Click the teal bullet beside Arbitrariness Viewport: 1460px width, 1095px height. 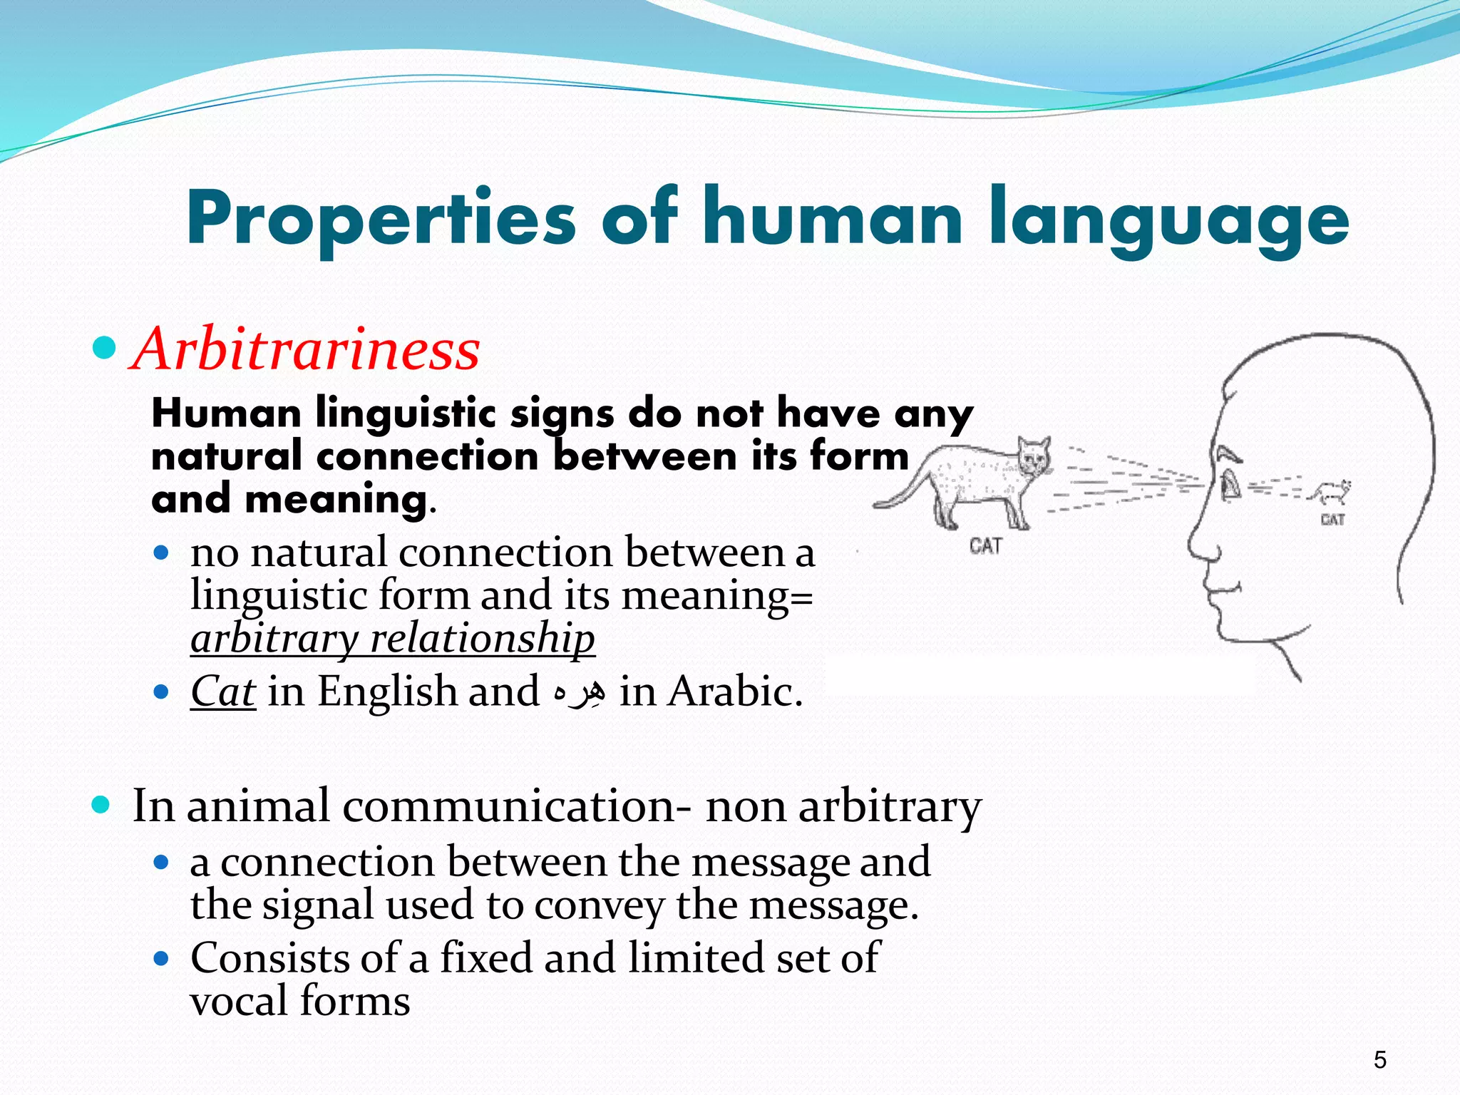click(105, 348)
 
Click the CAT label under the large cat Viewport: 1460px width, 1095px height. click(986, 546)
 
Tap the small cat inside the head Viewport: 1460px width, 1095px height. click(1332, 492)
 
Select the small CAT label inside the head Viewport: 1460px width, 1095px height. click(1332, 519)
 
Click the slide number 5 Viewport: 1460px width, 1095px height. click(1380, 1060)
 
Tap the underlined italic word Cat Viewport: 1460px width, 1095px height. click(223, 692)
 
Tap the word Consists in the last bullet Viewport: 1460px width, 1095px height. click(269, 957)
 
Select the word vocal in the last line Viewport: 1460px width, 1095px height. click(238, 1000)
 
